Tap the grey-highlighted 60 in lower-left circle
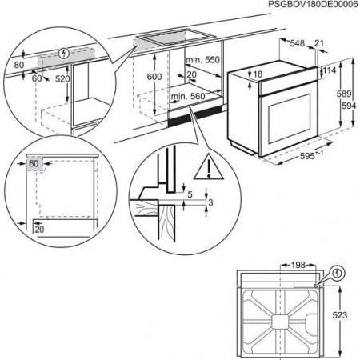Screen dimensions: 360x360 [x=34, y=162]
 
